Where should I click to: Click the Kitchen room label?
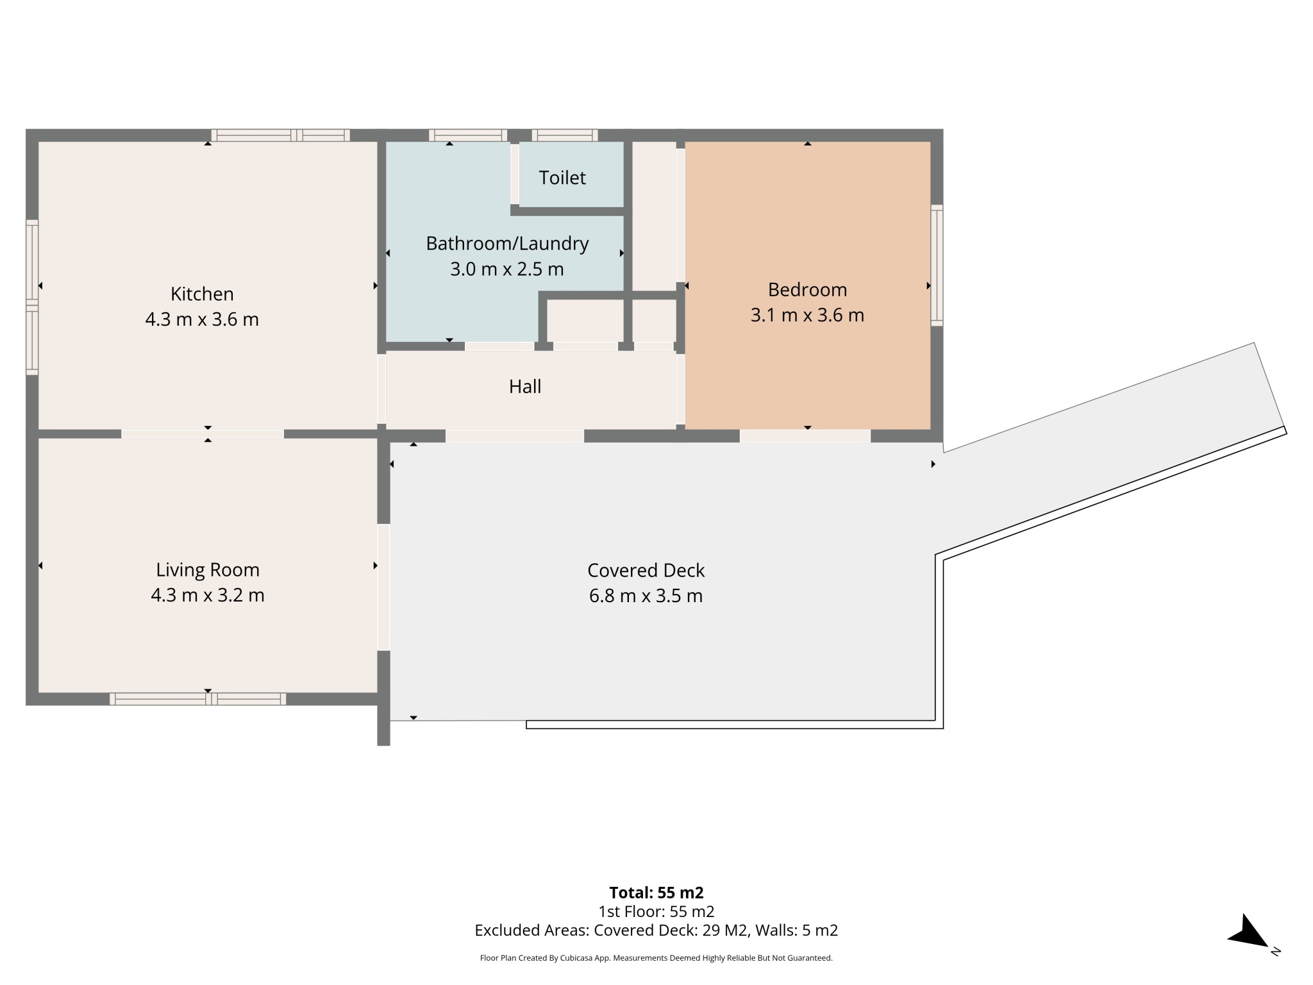pyautogui.click(x=202, y=294)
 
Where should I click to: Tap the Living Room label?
pyautogui.click(x=208, y=569)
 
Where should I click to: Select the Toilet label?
pyautogui.click(x=562, y=178)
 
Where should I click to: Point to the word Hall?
pyautogui.click(x=525, y=386)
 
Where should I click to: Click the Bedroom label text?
pyautogui.click(x=807, y=290)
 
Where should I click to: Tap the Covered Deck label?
pyautogui.click(x=646, y=570)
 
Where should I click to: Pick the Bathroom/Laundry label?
pyautogui.click(x=507, y=244)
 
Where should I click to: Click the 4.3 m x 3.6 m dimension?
pyautogui.click(x=202, y=319)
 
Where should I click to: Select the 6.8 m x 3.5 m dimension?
pyautogui.click(x=646, y=596)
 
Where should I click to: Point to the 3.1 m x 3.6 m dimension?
pyautogui.click(x=807, y=315)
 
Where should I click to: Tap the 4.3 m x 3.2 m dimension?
pyautogui.click(x=208, y=595)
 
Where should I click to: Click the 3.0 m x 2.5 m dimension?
pyautogui.click(x=507, y=269)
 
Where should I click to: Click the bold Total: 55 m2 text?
pyautogui.click(x=656, y=893)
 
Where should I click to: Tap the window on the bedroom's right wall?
pyautogui.click(x=937, y=265)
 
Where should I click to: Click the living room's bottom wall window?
pyautogui.click(x=198, y=699)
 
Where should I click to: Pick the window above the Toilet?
pyautogui.click(x=565, y=135)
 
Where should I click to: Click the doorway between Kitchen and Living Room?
pyautogui.click(x=203, y=434)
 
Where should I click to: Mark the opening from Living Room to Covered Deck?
pyautogui.click(x=383, y=587)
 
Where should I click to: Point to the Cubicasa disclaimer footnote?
pyautogui.click(x=656, y=958)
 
